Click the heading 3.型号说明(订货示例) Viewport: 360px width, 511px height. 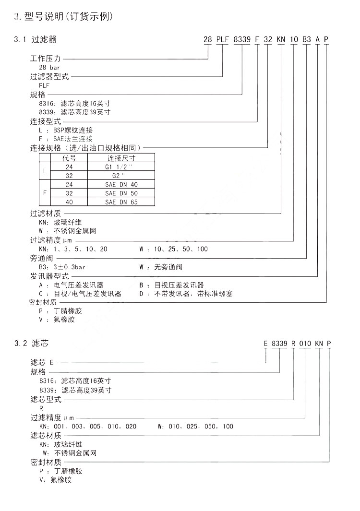point(63,17)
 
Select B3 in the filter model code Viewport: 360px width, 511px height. point(306,40)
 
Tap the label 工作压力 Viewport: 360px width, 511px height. point(46,59)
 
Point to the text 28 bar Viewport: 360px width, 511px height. point(49,68)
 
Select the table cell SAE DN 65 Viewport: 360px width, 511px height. point(121,202)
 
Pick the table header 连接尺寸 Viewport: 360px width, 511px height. point(121,158)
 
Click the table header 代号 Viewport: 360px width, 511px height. point(69,158)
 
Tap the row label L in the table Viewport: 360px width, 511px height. point(45,171)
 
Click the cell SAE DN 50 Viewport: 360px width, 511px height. point(121,193)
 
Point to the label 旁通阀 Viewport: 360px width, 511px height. point(41,258)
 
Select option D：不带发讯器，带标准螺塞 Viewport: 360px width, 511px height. point(186,294)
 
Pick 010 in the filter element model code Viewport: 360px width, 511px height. point(305,344)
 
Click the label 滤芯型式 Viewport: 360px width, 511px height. point(46,399)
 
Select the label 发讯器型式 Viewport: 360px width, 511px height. point(49,276)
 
